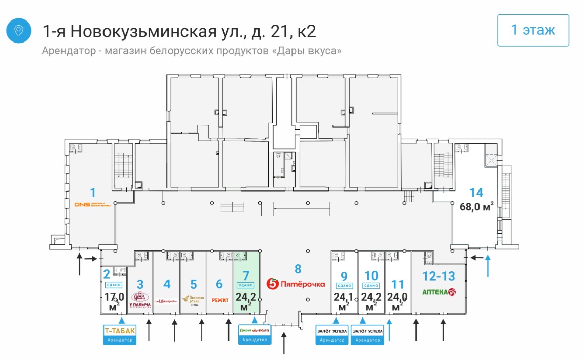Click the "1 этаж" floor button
(533, 30)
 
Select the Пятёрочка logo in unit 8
(297, 284)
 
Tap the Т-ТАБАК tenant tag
(120, 333)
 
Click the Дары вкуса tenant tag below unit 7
(255, 333)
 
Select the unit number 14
(476, 193)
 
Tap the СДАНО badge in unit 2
(113, 285)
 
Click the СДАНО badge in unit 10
(371, 285)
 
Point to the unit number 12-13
(439, 276)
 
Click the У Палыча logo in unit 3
(140, 298)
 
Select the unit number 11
(398, 284)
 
